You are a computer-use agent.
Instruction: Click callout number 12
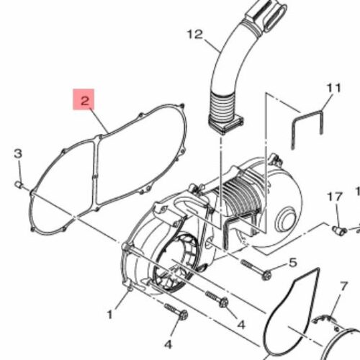(x=195, y=35)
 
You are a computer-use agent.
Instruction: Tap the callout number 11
(x=334, y=88)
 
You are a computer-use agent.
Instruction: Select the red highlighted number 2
(x=84, y=99)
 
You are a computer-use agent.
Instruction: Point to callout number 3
(x=18, y=153)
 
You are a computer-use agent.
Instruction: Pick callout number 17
(x=335, y=197)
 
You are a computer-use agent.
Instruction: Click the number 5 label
(x=293, y=263)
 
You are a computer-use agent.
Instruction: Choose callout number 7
(x=343, y=286)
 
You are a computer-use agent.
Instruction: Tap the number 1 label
(x=109, y=314)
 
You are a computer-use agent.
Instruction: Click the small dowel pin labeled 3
(x=19, y=185)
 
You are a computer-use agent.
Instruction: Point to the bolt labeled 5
(x=256, y=269)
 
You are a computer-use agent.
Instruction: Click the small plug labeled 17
(x=340, y=230)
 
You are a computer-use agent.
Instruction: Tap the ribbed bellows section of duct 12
(x=222, y=106)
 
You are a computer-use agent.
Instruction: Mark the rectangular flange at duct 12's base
(x=225, y=125)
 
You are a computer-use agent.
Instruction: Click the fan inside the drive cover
(x=174, y=261)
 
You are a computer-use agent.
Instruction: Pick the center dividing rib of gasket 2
(x=96, y=173)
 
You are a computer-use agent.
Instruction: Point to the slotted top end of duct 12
(x=266, y=14)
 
